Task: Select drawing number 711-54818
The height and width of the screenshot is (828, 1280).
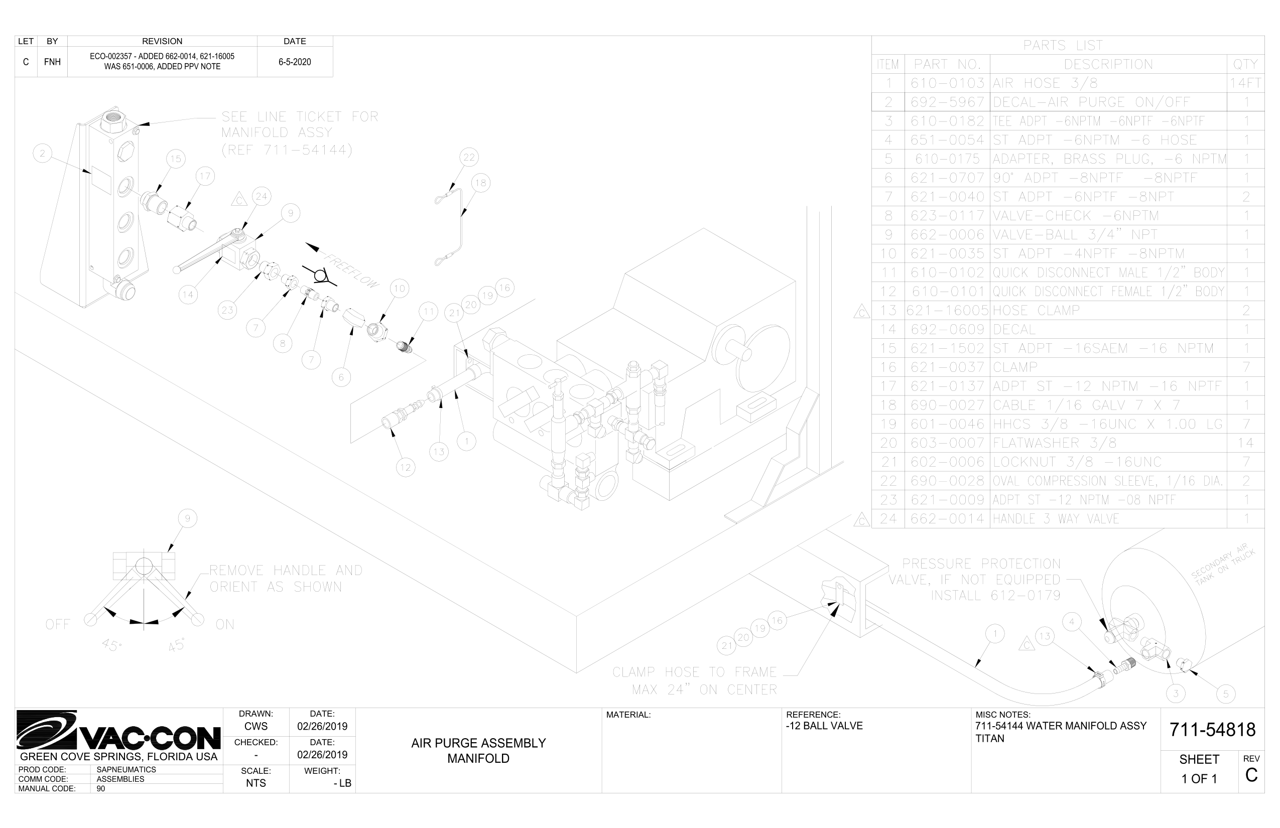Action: point(1212,730)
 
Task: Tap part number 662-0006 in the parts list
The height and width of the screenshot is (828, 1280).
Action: point(947,234)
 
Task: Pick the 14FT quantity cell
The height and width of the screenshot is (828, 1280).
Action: point(1245,83)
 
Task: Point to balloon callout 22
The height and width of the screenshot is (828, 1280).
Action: point(469,158)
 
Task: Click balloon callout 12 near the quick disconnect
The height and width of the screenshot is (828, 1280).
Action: point(405,467)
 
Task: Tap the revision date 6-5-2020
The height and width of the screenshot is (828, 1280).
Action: point(295,62)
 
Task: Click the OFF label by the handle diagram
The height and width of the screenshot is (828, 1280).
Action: point(58,624)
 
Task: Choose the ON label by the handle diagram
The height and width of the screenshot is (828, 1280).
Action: point(225,624)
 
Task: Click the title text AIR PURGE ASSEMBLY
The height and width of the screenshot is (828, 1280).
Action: point(478,743)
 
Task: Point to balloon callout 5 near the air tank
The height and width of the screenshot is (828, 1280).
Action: point(1226,694)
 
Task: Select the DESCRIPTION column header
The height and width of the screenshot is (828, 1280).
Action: point(1108,65)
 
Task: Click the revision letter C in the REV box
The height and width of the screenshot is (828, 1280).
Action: point(1251,775)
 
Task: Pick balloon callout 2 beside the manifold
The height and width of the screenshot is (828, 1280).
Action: point(43,154)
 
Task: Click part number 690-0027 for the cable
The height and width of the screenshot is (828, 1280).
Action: point(947,405)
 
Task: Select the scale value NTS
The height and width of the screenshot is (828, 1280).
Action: point(256,783)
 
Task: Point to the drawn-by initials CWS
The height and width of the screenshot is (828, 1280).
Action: point(256,727)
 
